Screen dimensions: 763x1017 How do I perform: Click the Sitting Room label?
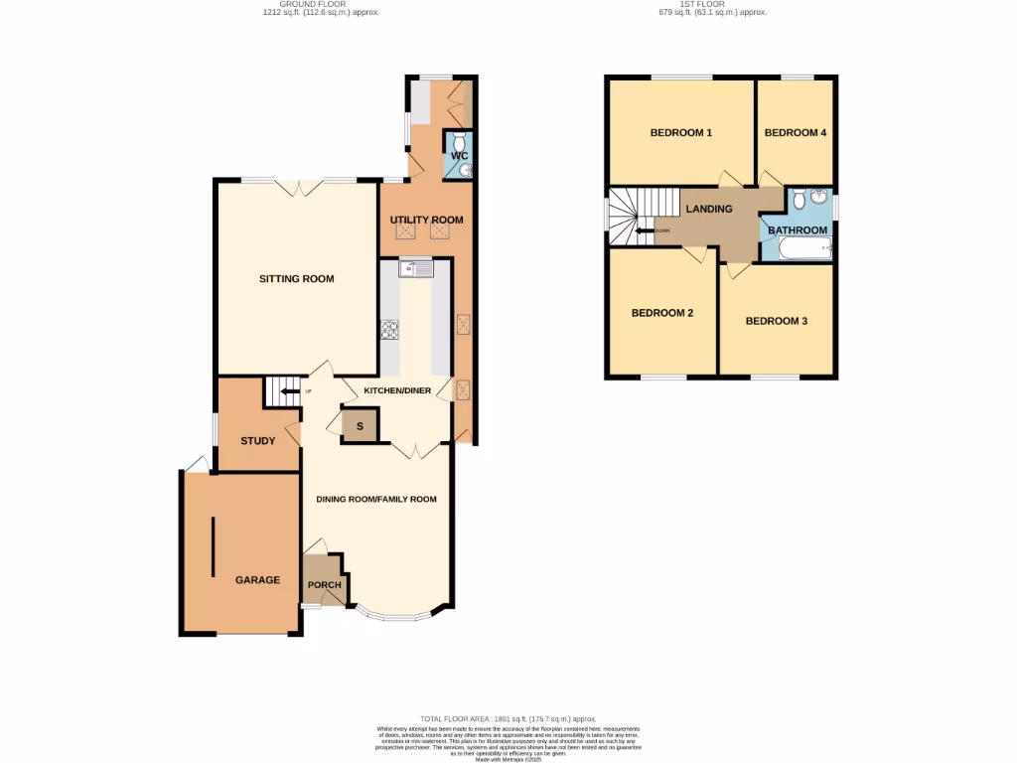(x=296, y=279)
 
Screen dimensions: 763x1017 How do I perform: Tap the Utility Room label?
(x=426, y=220)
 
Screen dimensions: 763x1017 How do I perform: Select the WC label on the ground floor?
(x=459, y=156)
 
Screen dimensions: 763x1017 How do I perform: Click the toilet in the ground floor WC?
(x=458, y=141)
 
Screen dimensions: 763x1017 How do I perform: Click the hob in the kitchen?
(x=389, y=332)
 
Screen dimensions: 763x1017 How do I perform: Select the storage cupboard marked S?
(x=360, y=427)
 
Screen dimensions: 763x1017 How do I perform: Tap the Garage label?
(x=257, y=580)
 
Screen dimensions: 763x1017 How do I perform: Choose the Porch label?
(x=324, y=584)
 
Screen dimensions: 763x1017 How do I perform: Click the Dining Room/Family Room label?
(x=376, y=500)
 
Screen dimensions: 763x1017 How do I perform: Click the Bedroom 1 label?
(x=680, y=133)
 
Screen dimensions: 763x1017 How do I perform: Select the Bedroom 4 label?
(x=796, y=133)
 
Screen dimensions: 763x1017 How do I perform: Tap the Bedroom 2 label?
(x=662, y=313)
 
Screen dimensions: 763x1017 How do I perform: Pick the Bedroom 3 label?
(x=777, y=321)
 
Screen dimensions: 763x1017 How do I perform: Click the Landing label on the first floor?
(x=709, y=209)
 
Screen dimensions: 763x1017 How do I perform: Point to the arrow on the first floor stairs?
(x=645, y=231)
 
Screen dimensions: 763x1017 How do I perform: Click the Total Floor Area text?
(x=508, y=718)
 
